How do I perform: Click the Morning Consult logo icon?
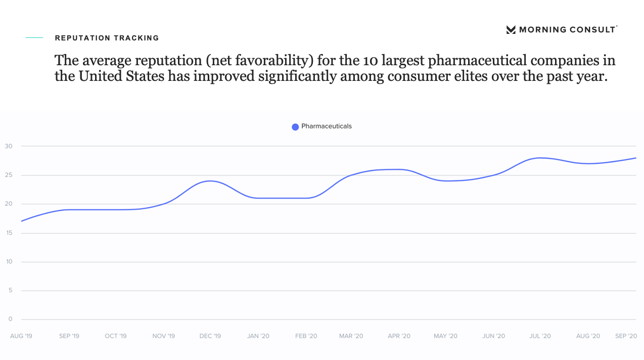tap(511, 30)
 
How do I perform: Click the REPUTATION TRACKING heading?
tap(107, 38)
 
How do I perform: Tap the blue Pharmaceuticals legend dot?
tap(295, 127)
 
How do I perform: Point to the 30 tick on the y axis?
tap(9, 146)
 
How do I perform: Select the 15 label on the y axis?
tap(9, 233)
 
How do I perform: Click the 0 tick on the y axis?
tap(10, 319)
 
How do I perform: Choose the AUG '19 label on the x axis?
tap(21, 336)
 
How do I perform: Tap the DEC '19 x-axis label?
tap(210, 336)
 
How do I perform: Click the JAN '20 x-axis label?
tap(258, 336)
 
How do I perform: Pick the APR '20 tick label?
tap(399, 336)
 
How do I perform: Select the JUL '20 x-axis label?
tap(540, 336)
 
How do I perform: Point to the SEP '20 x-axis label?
tap(626, 336)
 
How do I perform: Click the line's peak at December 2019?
tap(210, 181)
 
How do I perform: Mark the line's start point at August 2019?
tap(22, 221)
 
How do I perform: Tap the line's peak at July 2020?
tap(540, 158)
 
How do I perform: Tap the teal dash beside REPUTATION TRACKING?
tap(35, 38)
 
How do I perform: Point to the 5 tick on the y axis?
tap(10, 291)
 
